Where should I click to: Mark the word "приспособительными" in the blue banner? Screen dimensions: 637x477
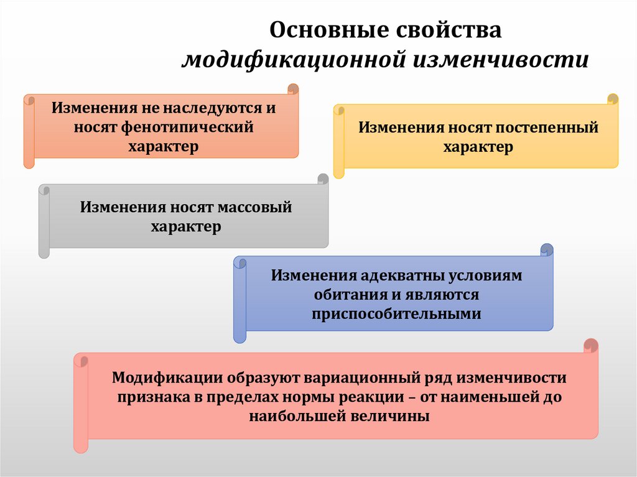396,313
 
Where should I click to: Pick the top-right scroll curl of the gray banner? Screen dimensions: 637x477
322,179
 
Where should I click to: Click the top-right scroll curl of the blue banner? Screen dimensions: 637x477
547,250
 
